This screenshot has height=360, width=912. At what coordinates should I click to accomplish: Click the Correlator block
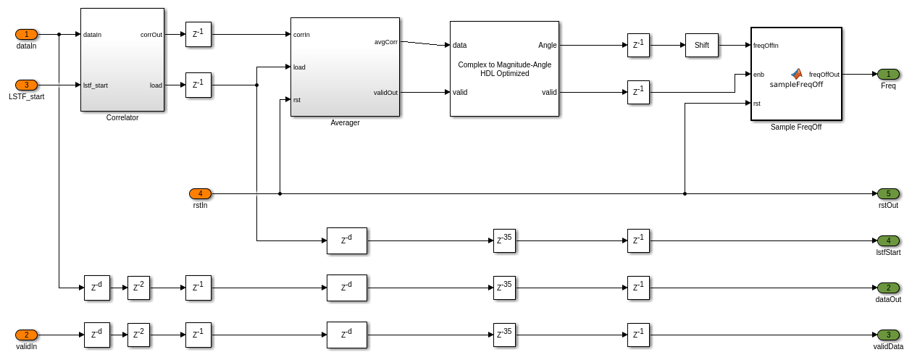click(122, 59)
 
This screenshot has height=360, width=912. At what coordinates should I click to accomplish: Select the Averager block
click(345, 67)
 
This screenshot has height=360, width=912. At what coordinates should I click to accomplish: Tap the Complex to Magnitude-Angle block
click(504, 69)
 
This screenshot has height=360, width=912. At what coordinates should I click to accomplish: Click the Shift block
click(701, 45)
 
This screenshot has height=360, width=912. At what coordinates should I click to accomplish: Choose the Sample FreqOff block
click(796, 74)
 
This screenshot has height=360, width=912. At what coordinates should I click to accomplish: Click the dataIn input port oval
click(26, 34)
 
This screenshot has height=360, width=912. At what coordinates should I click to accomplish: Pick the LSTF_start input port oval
click(26, 85)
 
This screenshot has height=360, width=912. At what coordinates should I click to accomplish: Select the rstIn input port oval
click(200, 193)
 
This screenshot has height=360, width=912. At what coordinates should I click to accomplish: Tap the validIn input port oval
click(26, 335)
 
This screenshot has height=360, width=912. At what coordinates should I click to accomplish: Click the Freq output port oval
click(888, 74)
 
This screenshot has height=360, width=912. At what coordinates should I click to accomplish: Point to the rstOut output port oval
click(888, 193)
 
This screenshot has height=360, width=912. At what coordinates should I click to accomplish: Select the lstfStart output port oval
click(888, 240)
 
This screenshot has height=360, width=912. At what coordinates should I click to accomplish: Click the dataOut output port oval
click(888, 288)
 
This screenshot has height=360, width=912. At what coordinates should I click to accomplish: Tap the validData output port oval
click(888, 335)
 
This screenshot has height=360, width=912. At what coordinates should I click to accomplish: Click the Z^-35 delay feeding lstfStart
click(504, 240)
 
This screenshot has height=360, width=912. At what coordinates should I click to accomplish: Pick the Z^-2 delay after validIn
click(138, 335)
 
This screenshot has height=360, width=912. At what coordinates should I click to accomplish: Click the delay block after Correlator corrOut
click(198, 34)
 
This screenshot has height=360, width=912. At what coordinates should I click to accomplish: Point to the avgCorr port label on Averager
click(385, 41)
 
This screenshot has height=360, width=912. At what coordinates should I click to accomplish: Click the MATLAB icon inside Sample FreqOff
click(797, 73)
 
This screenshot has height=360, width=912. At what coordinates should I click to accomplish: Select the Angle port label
click(547, 45)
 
